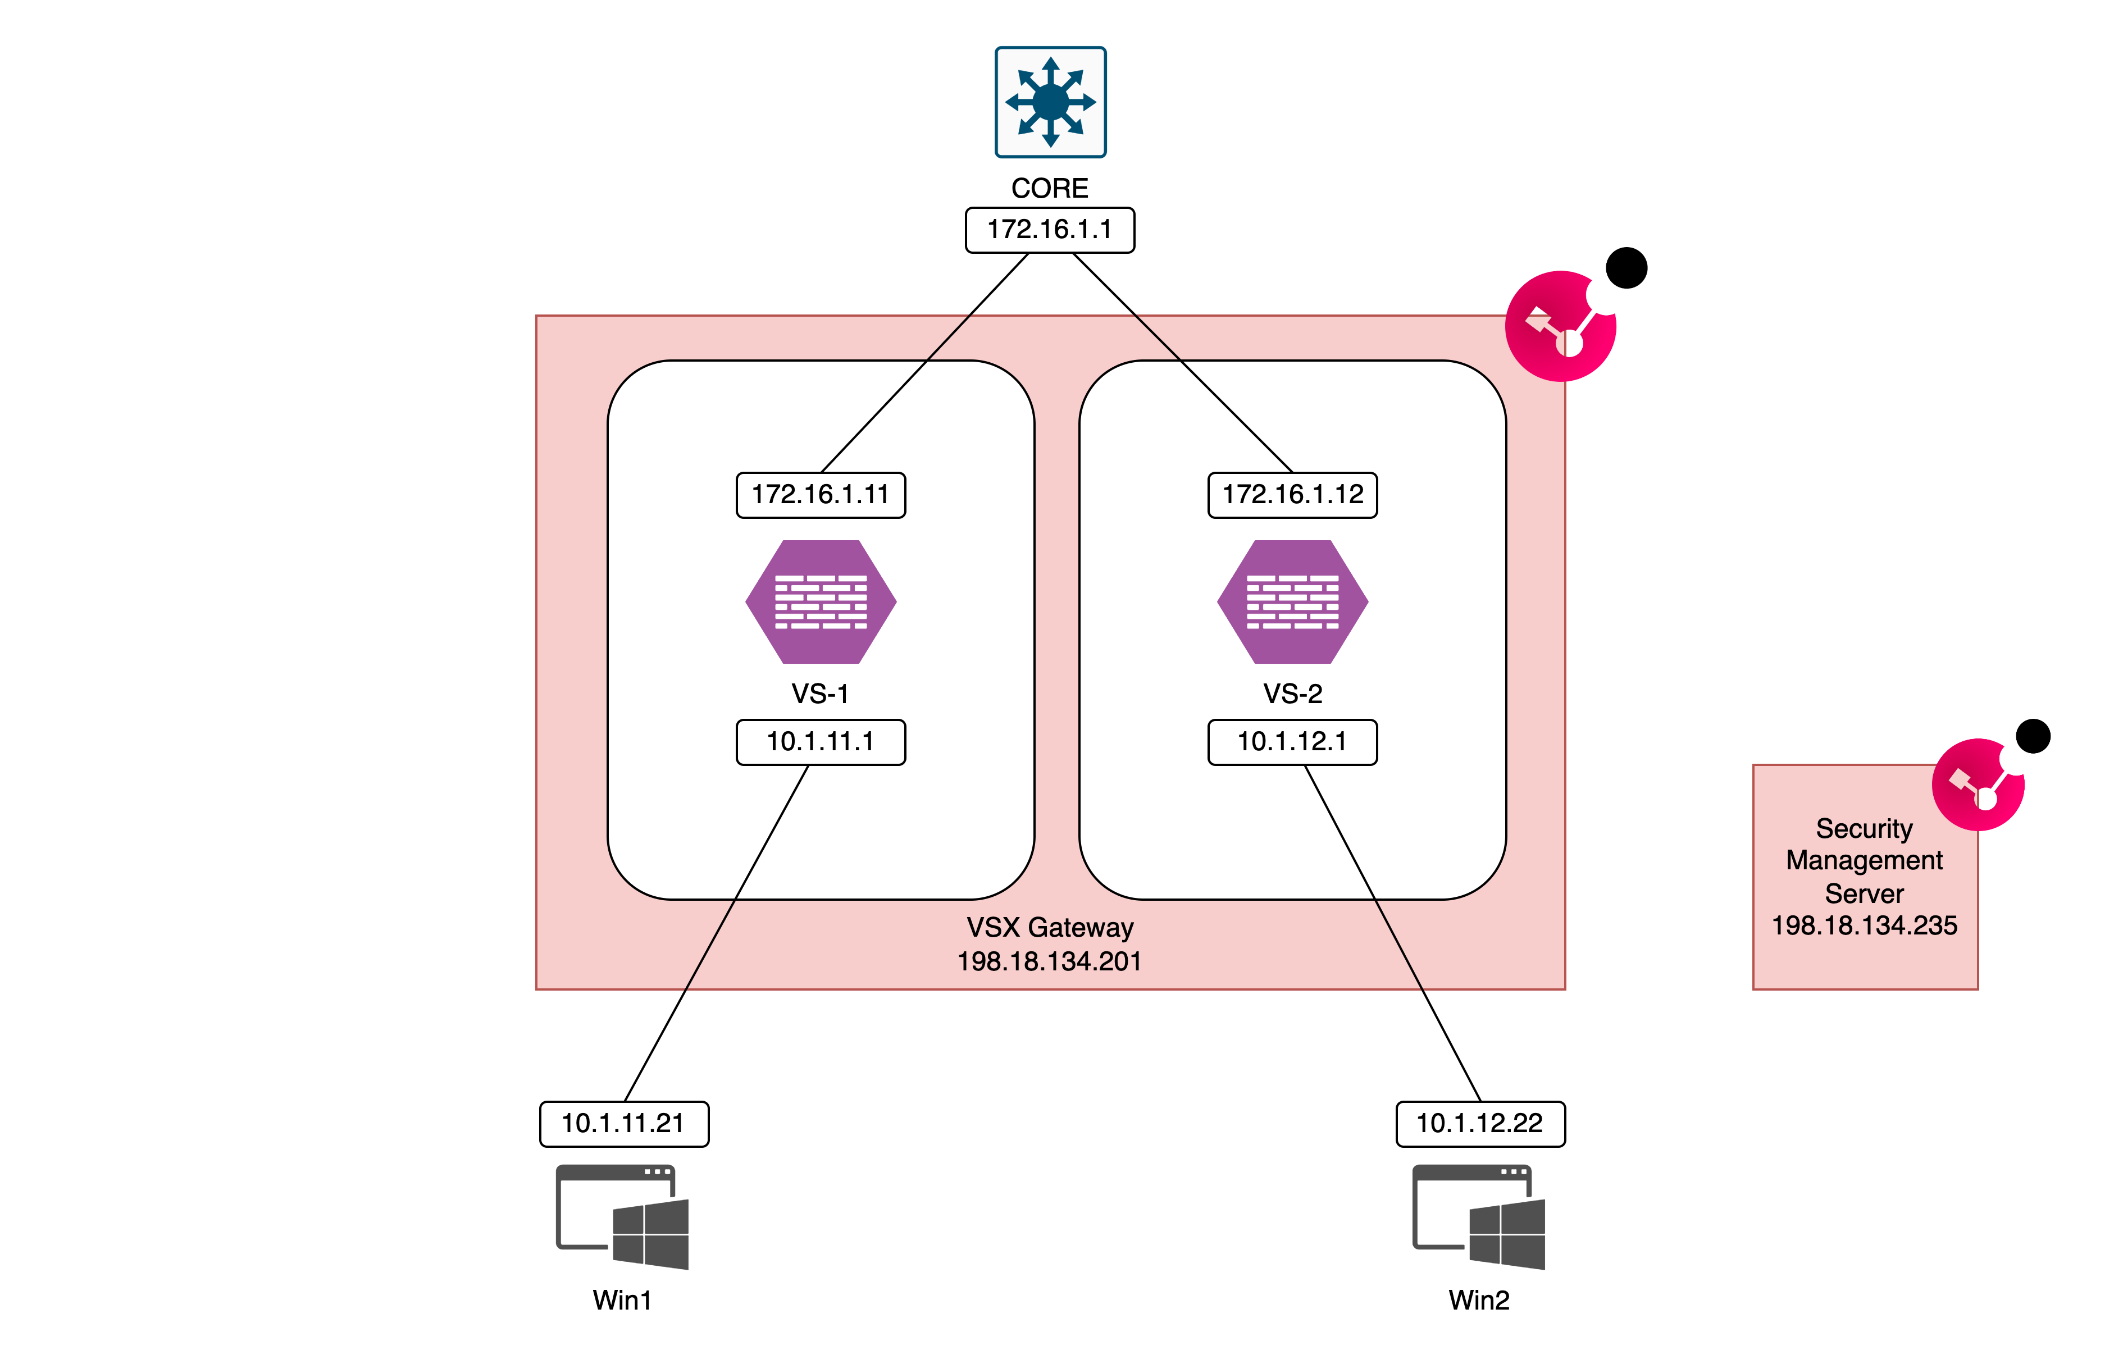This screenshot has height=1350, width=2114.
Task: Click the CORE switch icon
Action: (x=1050, y=102)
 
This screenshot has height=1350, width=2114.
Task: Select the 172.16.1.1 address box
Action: (x=1050, y=230)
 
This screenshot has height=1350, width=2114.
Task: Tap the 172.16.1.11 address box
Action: (x=821, y=495)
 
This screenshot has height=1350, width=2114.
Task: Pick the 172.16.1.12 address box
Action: (x=1292, y=495)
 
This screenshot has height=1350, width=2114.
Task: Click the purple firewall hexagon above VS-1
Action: (x=821, y=602)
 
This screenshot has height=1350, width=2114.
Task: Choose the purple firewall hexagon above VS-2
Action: (x=1292, y=602)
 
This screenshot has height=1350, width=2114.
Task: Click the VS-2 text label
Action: (x=1292, y=694)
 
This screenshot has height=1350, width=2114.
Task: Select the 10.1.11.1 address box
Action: (x=821, y=742)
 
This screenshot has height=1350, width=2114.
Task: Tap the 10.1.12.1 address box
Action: (x=1292, y=742)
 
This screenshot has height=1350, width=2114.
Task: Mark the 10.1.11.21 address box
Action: (x=624, y=1124)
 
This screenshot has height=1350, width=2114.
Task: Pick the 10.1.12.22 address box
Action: (x=1480, y=1124)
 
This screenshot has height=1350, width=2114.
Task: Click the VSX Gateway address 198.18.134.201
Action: (x=1050, y=962)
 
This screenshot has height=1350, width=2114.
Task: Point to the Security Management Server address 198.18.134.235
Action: (x=1865, y=925)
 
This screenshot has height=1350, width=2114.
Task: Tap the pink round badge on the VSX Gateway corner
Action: (x=1561, y=326)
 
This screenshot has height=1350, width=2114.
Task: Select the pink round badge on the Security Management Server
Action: (x=1979, y=785)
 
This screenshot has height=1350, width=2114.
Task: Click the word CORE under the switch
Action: (x=1050, y=188)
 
